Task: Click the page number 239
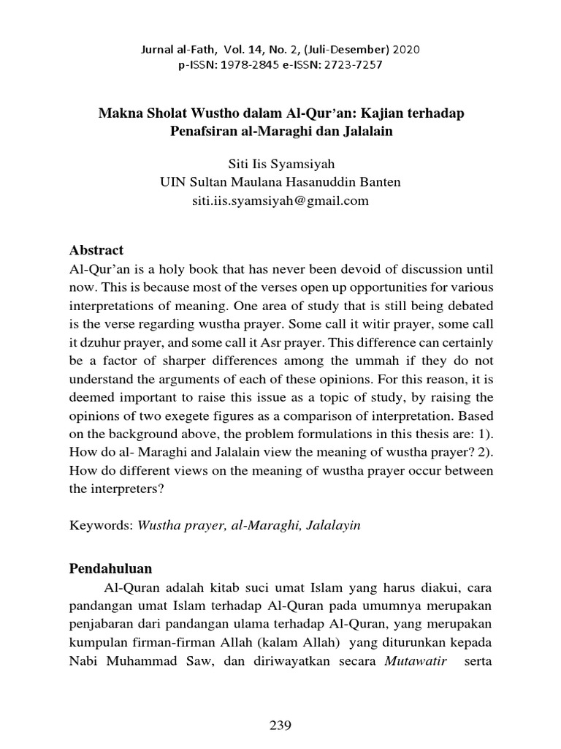click(x=280, y=726)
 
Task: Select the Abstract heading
click(x=96, y=250)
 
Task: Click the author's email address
click(x=280, y=200)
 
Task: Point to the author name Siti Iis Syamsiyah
click(x=280, y=165)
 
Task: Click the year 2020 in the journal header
click(x=407, y=50)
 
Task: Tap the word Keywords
click(x=100, y=525)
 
